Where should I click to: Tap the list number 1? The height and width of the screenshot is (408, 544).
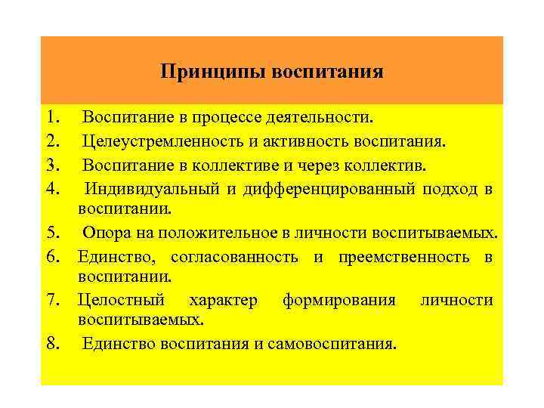[52, 117]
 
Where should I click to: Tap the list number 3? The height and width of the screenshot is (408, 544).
[52, 163]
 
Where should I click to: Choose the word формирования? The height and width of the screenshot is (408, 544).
[338, 301]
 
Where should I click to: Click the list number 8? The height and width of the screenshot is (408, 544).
[52, 345]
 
